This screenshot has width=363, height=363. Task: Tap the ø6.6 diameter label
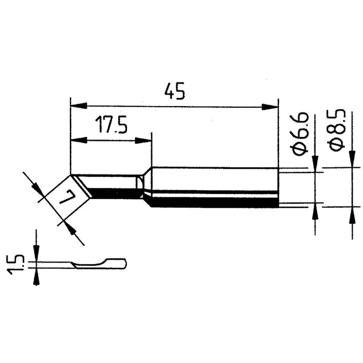click(301, 134)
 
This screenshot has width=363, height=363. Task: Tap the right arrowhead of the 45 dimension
click(269, 107)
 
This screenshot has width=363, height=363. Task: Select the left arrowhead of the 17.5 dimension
click(79, 140)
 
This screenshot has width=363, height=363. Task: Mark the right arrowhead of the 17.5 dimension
click(143, 140)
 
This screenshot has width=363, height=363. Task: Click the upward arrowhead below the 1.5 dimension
click(36, 276)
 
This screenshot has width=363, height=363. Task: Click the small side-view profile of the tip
click(98, 264)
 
